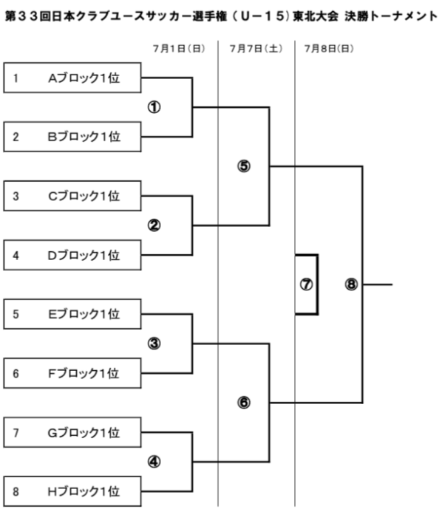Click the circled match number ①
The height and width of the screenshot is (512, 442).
click(x=154, y=107)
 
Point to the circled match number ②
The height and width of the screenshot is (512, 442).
click(x=154, y=225)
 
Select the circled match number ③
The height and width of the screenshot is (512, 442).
click(x=154, y=344)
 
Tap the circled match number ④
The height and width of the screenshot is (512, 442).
click(x=154, y=462)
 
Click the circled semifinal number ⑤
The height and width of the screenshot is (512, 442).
click(x=244, y=166)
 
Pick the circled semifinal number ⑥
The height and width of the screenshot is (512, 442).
click(x=244, y=403)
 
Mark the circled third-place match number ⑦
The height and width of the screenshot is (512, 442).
click(x=306, y=284)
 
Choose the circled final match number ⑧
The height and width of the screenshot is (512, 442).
click(x=351, y=284)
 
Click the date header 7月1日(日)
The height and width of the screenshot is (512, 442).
click(x=179, y=49)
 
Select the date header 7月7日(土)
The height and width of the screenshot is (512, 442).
click(x=256, y=49)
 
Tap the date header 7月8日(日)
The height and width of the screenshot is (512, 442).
click(x=330, y=49)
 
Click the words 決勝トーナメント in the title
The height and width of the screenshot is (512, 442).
click(x=391, y=16)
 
